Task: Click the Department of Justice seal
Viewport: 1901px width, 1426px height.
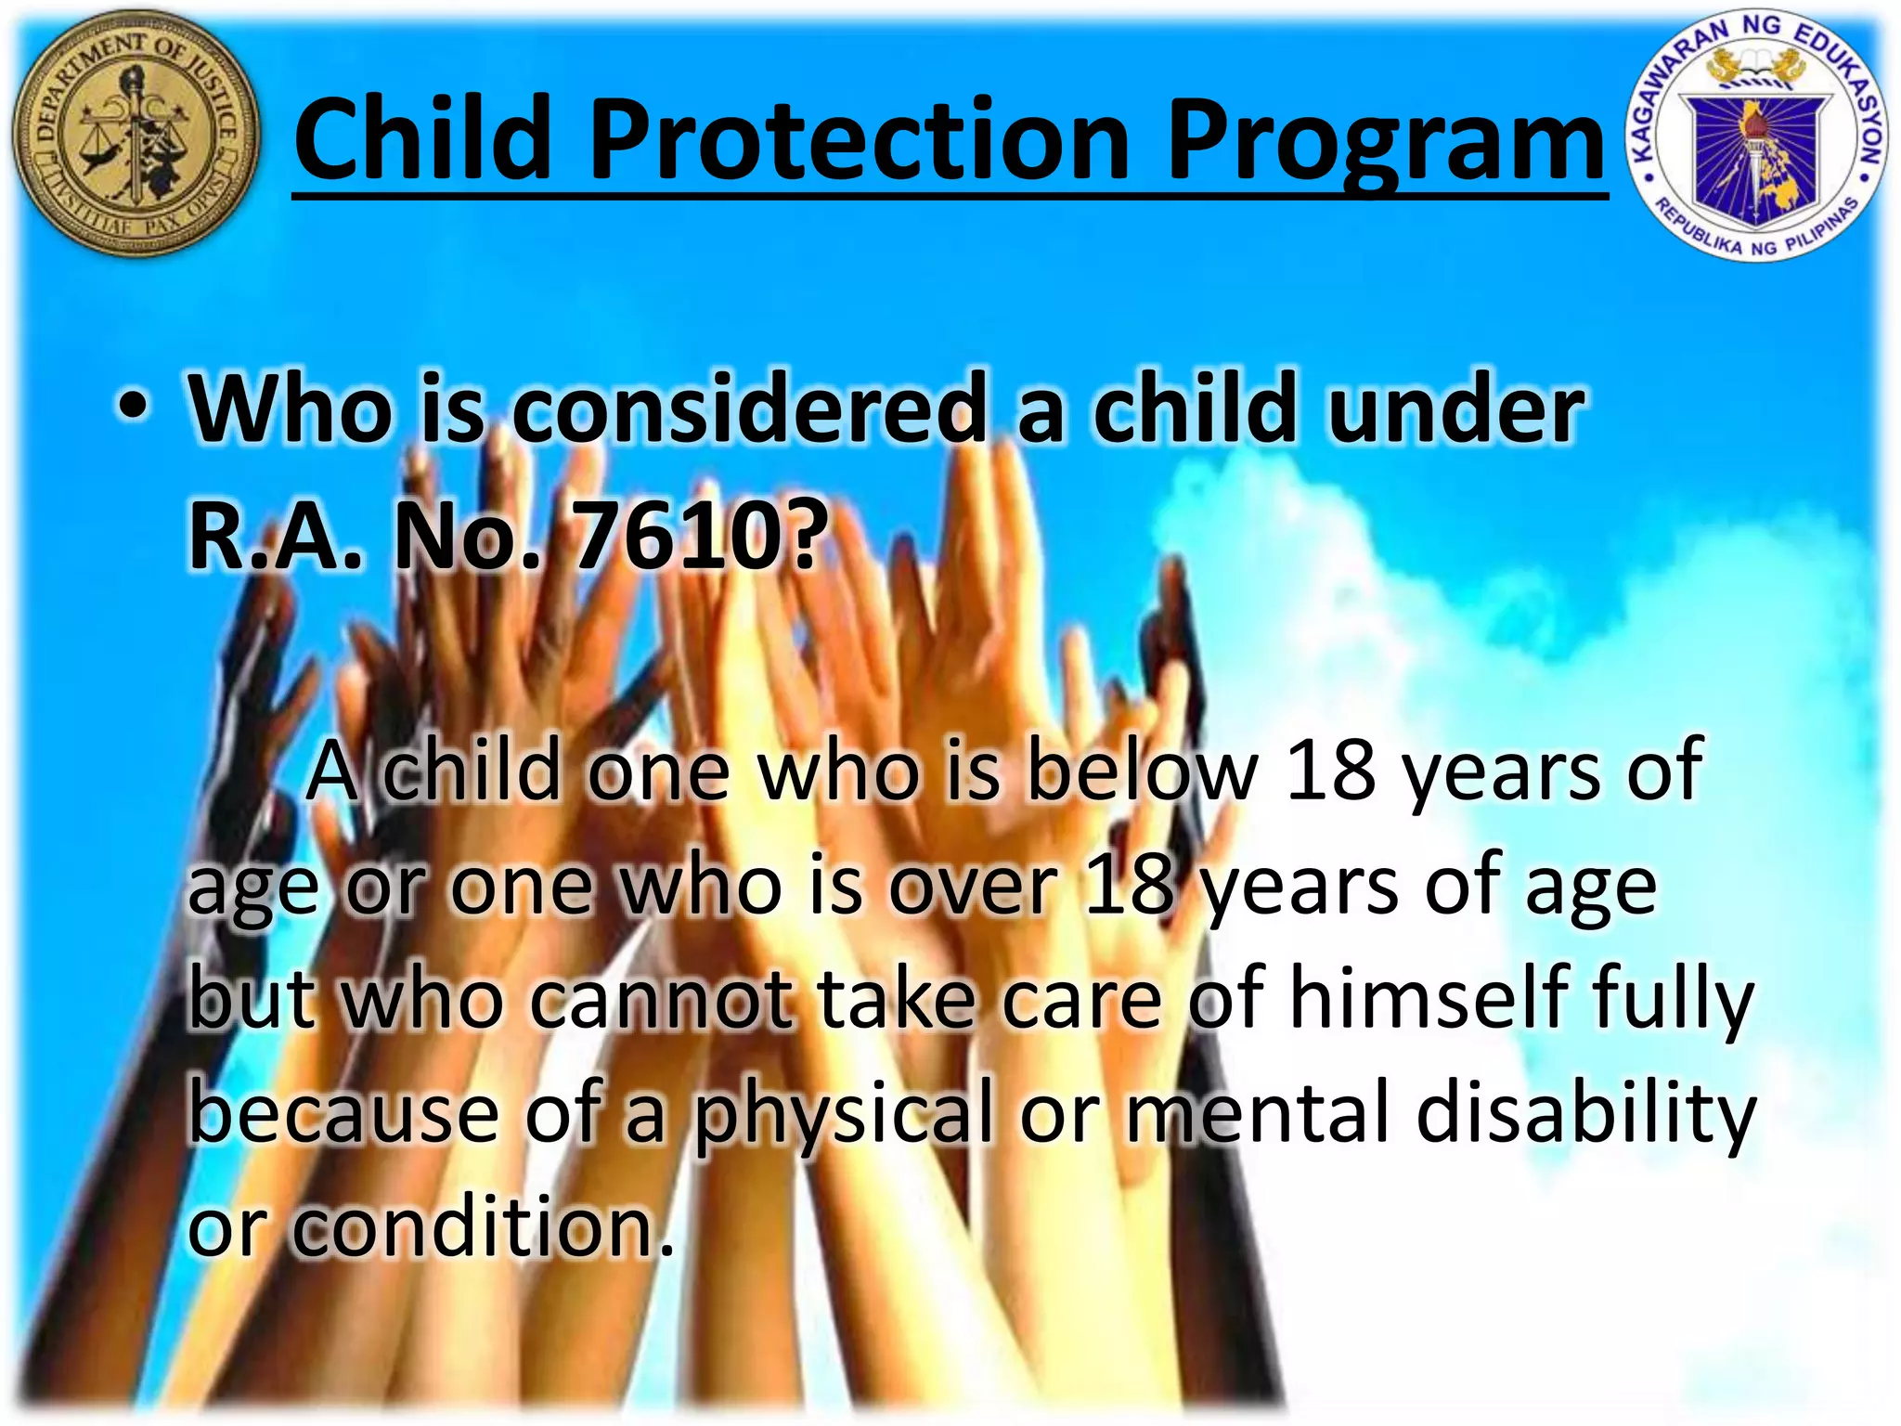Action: (x=136, y=135)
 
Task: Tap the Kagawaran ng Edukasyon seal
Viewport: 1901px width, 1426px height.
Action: (x=1757, y=139)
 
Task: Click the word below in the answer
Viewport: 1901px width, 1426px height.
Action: (x=1141, y=771)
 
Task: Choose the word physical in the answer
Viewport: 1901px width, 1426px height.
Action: (x=844, y=1114)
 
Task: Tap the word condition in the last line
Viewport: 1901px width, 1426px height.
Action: (x=482, y=1227)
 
